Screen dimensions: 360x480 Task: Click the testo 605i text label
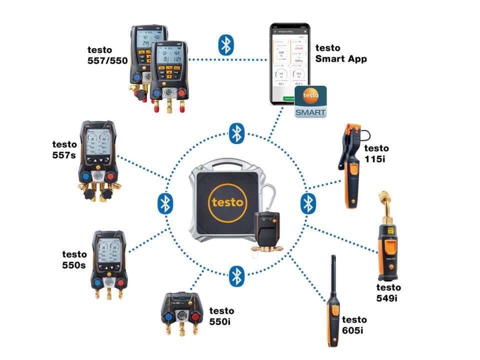click(354, 324)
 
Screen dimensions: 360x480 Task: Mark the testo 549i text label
click(388, 293)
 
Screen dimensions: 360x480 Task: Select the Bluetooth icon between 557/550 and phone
click(226, 45)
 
